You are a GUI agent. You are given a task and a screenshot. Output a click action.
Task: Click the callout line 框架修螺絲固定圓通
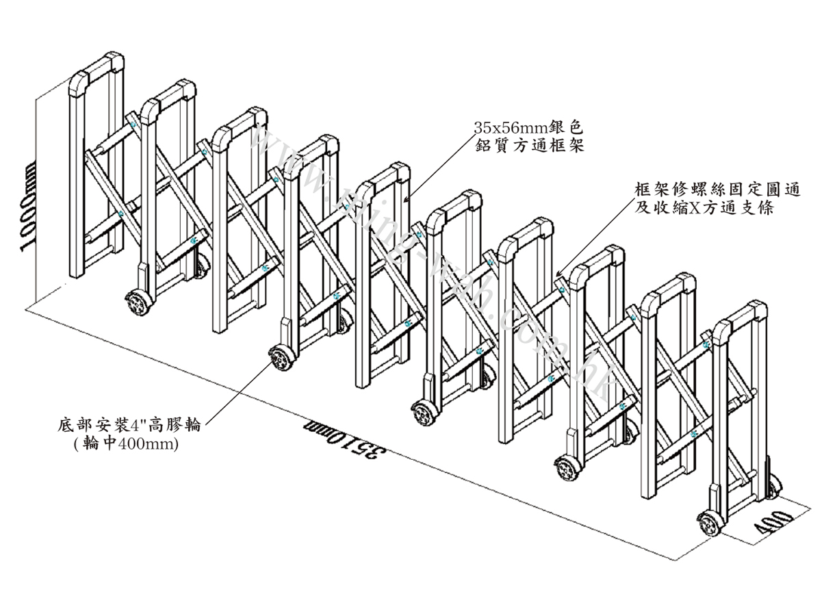(x=718, y=189)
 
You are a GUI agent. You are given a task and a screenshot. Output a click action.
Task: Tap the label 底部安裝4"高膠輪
(x=130, y=425)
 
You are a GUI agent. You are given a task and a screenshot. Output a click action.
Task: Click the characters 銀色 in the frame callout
(x=568, y=127)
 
